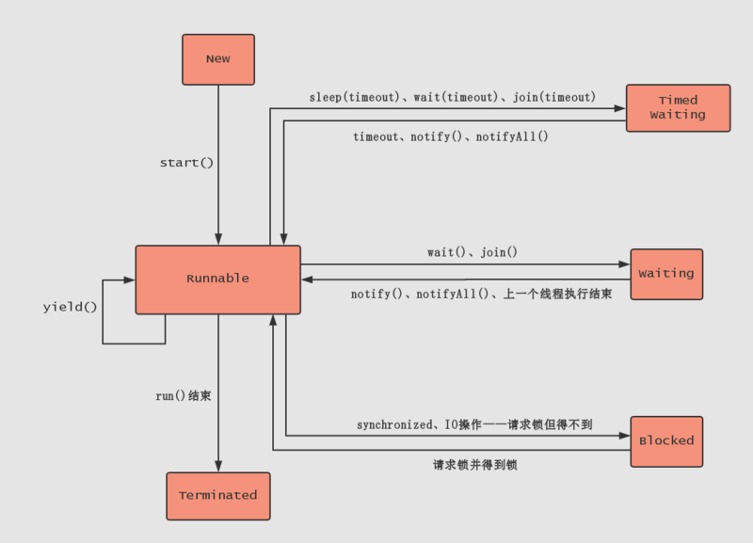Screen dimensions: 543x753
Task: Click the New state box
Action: tap(217, 58)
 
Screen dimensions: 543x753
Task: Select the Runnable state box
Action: tap(217, 279)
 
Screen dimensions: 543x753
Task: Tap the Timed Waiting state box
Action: tap(678, 107)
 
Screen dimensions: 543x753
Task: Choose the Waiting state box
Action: tap(666, 274)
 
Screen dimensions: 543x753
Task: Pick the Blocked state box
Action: tap(666, 440)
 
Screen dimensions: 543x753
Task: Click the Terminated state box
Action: tap(217, 495)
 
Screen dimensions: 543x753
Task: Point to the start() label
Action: tap(186, 163)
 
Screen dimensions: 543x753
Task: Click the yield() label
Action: tap(71, 308)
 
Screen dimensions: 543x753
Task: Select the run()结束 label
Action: tap(183, 396)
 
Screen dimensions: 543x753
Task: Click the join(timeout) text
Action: tap(554, 97)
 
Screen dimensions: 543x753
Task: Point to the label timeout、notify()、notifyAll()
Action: tap(450, 136)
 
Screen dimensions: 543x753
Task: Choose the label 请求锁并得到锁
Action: tap(475, 464)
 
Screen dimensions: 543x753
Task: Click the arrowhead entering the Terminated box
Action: tap(218, 466)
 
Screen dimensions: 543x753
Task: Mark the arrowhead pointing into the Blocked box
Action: tap(624, 436)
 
